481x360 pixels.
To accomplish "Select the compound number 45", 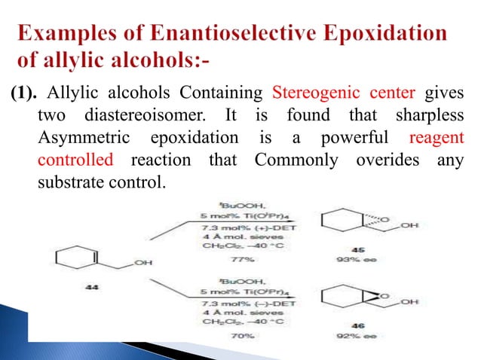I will (347, 248).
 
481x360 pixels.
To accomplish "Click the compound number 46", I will (346, 328).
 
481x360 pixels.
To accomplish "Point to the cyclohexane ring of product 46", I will (338, 299).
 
